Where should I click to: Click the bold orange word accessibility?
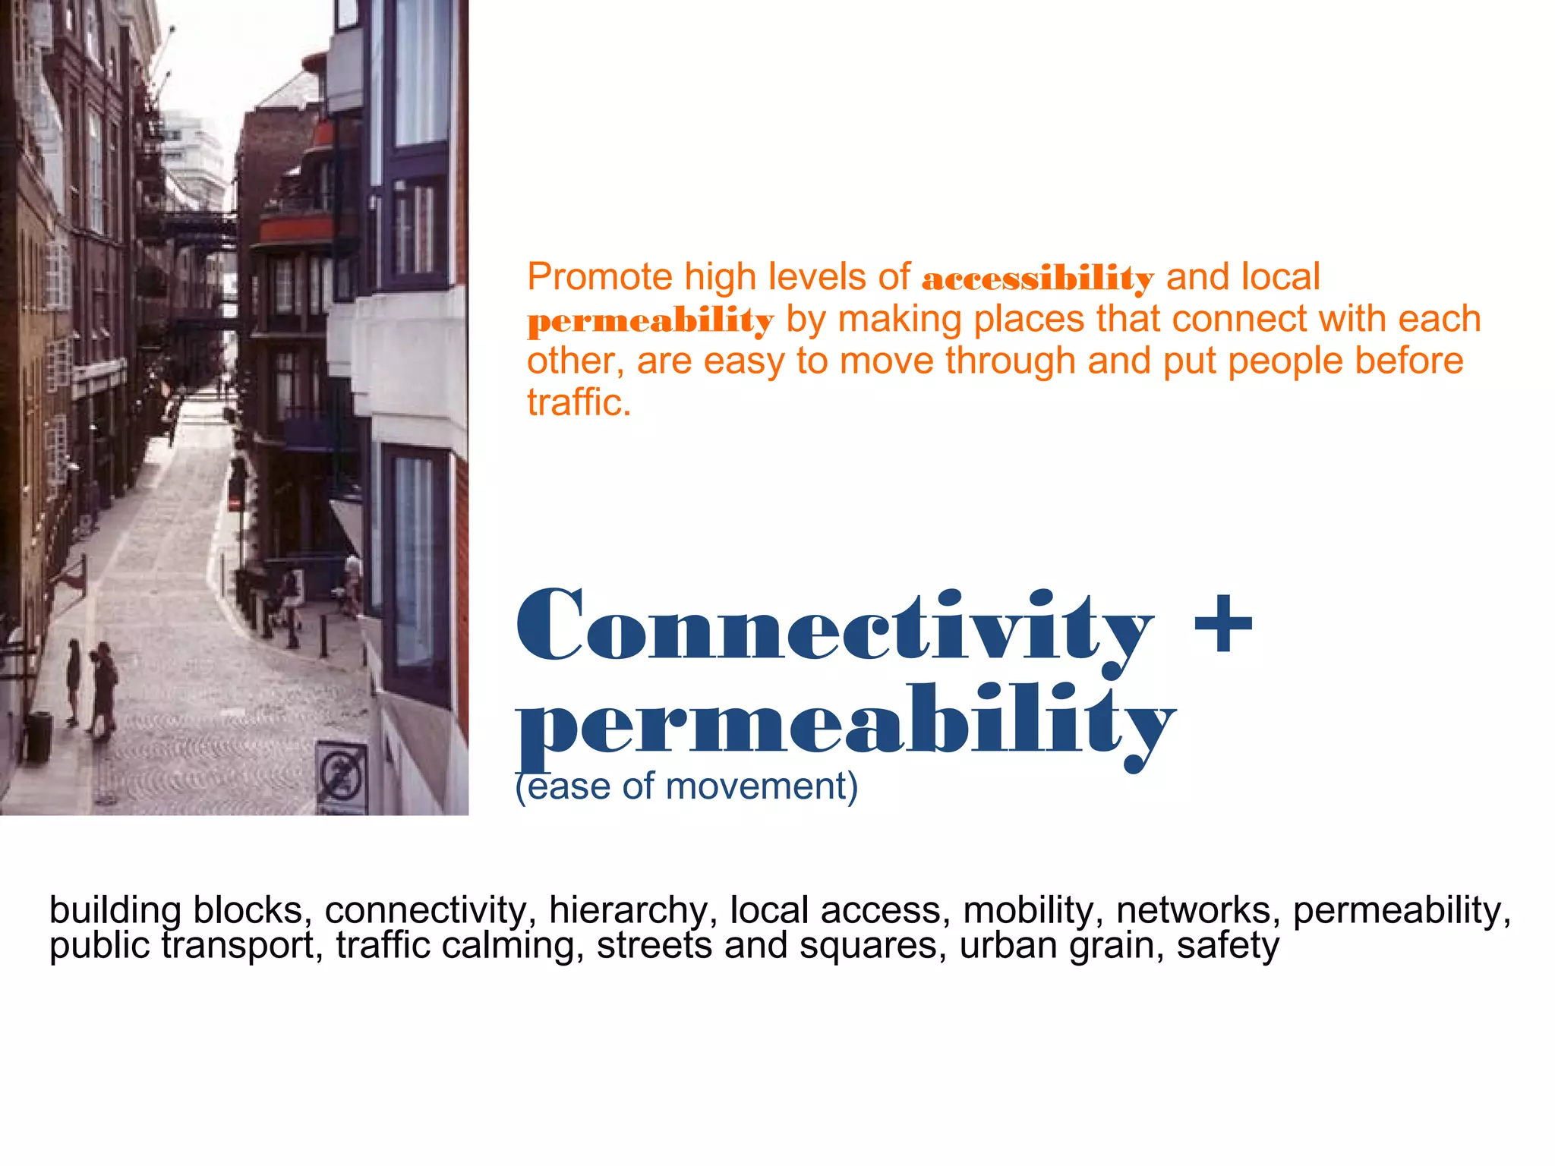pyautogui.click(x=1037, y=279)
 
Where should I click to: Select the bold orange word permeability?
pyautogui.click(x=650, y=321)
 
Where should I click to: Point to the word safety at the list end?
pyautogui.click(x=1228, y=946)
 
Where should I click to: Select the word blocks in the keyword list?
pyautogui.click(x=251, y=910)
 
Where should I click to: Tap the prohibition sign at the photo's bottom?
pyautogui.click(x=341, y=774)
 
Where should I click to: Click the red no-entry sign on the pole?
pyautogui.click(x=236, y=503)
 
